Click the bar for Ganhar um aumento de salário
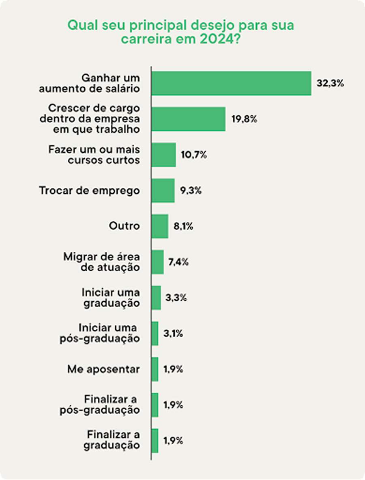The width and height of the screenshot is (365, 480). tap(231, 83)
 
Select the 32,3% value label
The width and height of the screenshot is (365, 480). tap(330, 84)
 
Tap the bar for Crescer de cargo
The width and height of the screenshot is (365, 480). tap(188, 119)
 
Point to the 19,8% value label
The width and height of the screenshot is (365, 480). tap(245, 119)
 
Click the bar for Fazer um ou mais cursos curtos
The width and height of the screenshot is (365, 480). tap(163, 155)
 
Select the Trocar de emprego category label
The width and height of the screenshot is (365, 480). tap(89, 190)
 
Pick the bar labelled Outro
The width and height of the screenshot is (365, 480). tap(160, 226)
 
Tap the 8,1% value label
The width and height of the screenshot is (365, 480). tap(183, 227)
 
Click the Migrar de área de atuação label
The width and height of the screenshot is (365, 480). tap(101, 262)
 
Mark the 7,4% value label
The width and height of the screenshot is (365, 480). tap(179, 262)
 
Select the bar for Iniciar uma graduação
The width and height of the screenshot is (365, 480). tap(156, 298)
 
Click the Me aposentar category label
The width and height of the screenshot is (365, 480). tap(103, 369)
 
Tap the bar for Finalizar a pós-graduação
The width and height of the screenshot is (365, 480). tap(155, 405)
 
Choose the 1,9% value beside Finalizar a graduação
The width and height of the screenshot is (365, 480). tap(173, 441)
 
